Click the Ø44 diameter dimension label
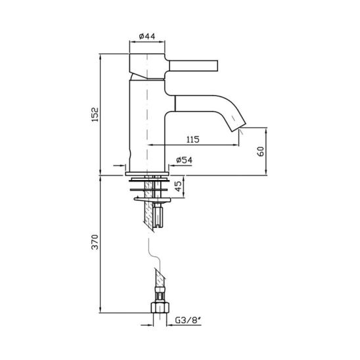[x=147, y=36]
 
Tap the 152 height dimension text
[x=95, y=114]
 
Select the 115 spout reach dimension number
[x=193, y=139]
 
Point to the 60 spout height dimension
[x=261, y=152]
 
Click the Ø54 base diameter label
[x=184, y=160]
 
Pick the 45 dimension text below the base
[x=179, y=186]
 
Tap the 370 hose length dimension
[x=95, y=242]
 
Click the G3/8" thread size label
[x=188, y=320]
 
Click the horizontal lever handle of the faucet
[x=193, y=66]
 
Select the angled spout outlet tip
[x=238, y=126]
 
